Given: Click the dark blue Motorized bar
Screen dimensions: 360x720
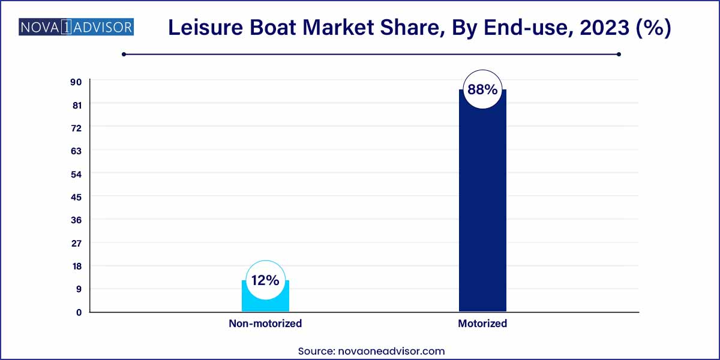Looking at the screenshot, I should pyautogui.click(x=482, y=210).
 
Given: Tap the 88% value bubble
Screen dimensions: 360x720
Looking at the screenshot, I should pyautogui.click(x=482, y=90).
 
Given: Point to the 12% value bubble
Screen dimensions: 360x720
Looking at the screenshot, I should pyautogui.click(x=265, y=280).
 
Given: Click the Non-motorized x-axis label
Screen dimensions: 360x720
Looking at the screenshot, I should pyautogui.click(x=265, y=323).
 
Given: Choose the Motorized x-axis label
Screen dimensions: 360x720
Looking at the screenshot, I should pyautogui.click(x=482, y=323).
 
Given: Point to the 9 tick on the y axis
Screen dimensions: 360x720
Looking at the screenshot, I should pyautogui.click(x=77, y=289).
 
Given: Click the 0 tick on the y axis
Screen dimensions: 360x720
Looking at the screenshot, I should pyautogui.click(x=78, y=312).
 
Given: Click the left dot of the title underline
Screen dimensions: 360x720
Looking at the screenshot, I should pyautogui.click(x=124, y=54).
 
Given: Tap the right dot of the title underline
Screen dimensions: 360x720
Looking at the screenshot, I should pyautogui.click(x=619, y=54).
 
